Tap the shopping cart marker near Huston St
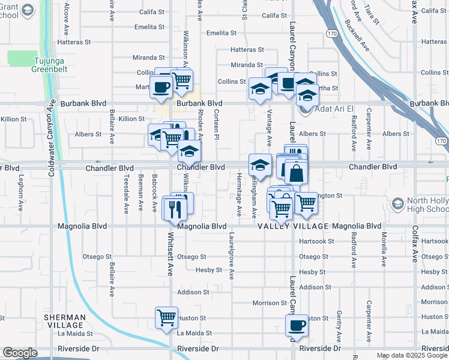(166, 317)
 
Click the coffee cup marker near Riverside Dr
(295, 325)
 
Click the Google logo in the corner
(20, 353)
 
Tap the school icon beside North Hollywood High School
(397, 205)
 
